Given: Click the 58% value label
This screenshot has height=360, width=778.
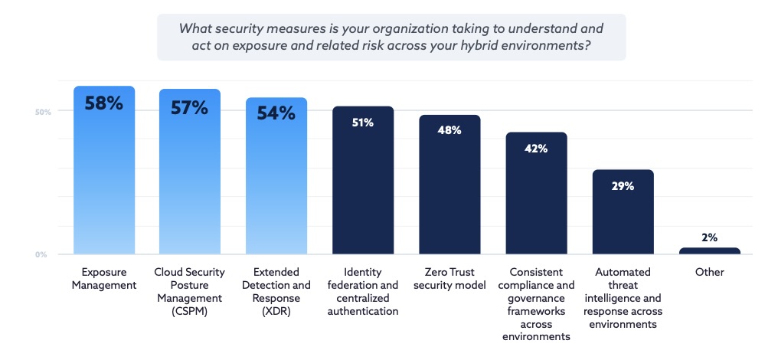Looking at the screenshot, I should click(104, 103).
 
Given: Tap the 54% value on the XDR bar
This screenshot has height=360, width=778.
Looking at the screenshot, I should click(276, 113).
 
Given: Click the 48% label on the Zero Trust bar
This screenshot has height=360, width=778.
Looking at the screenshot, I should click(449, 130).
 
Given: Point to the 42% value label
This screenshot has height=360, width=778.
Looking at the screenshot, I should click(536, 149).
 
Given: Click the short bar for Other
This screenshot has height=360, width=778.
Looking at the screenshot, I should click(709, 250).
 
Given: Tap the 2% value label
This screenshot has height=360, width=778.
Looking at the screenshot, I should click(709, 237).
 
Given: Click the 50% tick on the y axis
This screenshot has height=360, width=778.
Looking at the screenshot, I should click(43, 112).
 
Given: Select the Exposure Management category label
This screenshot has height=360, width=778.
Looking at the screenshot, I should click(104, 279).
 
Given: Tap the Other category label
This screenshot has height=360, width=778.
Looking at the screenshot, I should click(709, 272).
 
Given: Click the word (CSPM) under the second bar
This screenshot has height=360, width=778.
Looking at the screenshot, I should click(189, 311).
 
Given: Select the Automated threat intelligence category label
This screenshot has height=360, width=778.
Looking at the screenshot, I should click(623, 298).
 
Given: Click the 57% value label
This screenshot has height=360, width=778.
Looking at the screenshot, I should click(189, 108).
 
